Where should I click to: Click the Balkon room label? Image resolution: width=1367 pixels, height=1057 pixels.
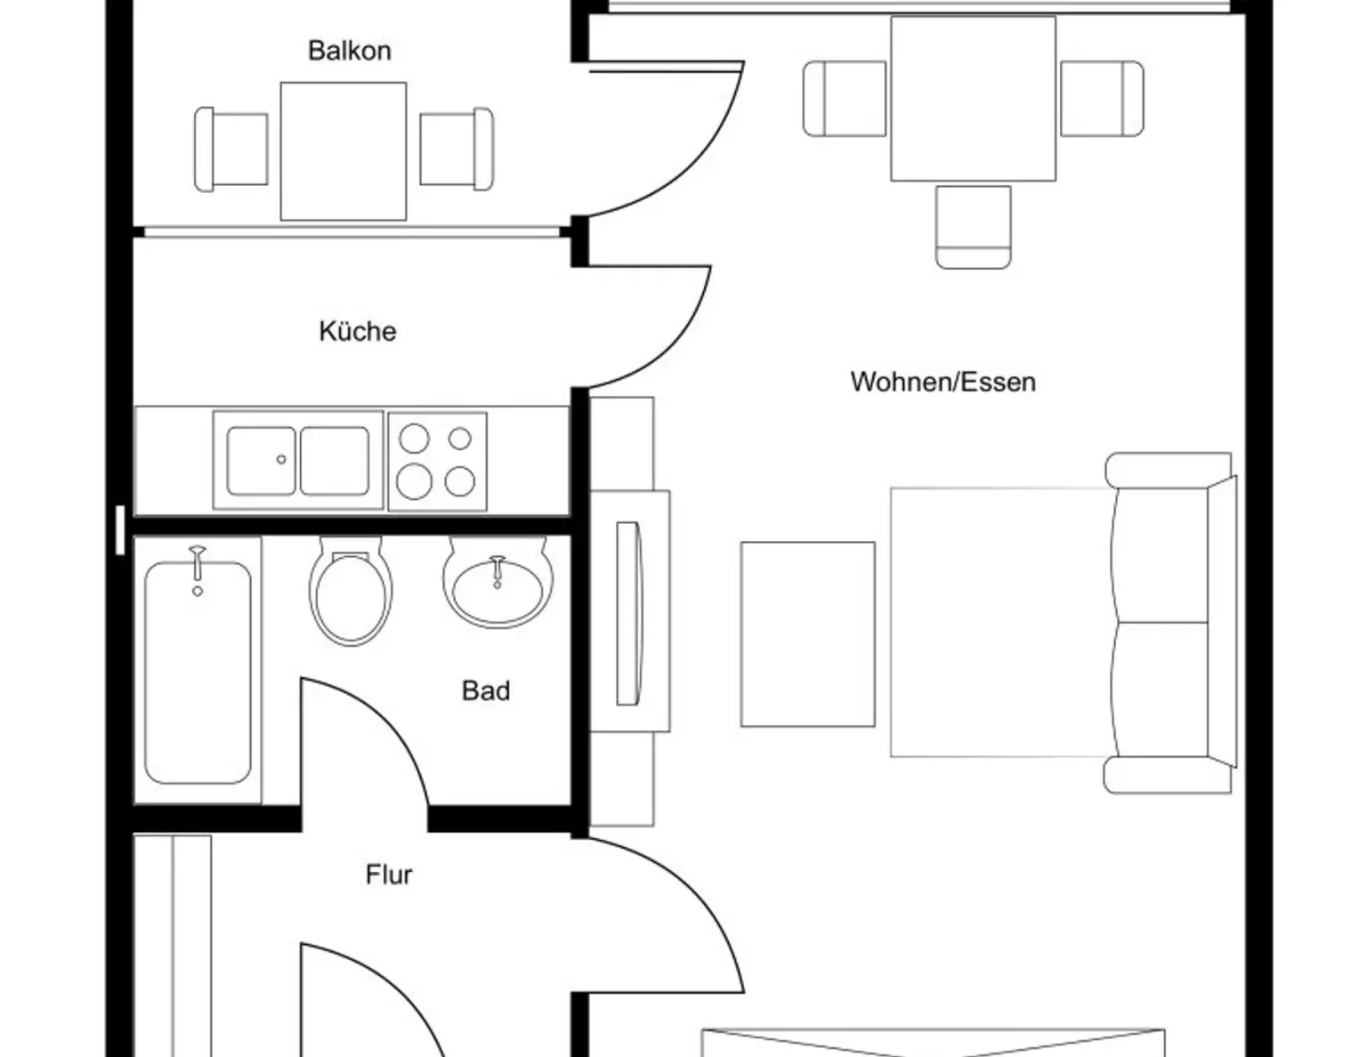coord(349,51)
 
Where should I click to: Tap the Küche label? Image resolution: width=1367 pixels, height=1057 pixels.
coord(357,331)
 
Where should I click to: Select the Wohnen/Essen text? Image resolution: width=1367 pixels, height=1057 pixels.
coord(943,382)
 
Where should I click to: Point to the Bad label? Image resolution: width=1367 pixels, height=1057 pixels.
coord(486,691)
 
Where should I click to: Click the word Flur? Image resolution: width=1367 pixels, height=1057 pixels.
coord(389,875)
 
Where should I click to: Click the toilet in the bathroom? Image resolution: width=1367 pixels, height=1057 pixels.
coord(351,591)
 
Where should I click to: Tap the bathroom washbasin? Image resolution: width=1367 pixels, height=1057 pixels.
coord(497,582)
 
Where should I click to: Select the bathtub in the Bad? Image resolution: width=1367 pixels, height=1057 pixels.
coord(198,670)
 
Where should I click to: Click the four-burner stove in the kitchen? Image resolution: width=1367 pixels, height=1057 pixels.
coord(437,462)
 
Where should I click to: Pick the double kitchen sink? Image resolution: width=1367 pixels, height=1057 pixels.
coord(298,460)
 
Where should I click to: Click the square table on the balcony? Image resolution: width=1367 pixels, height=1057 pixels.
coord(344,151)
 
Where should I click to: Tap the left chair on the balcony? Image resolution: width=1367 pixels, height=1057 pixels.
coord(231,149)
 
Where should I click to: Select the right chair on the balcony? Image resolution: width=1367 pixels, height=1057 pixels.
coord(457,149)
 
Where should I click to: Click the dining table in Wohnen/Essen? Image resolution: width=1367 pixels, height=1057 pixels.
coord(974,99)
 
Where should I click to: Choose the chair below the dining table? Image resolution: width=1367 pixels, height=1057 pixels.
coord(974,227)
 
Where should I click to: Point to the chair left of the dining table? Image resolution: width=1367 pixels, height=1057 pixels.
coord(845,99)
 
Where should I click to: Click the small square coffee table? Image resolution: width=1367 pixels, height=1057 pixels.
coord(808,634)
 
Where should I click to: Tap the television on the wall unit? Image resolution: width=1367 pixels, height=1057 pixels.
coord(628,613)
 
